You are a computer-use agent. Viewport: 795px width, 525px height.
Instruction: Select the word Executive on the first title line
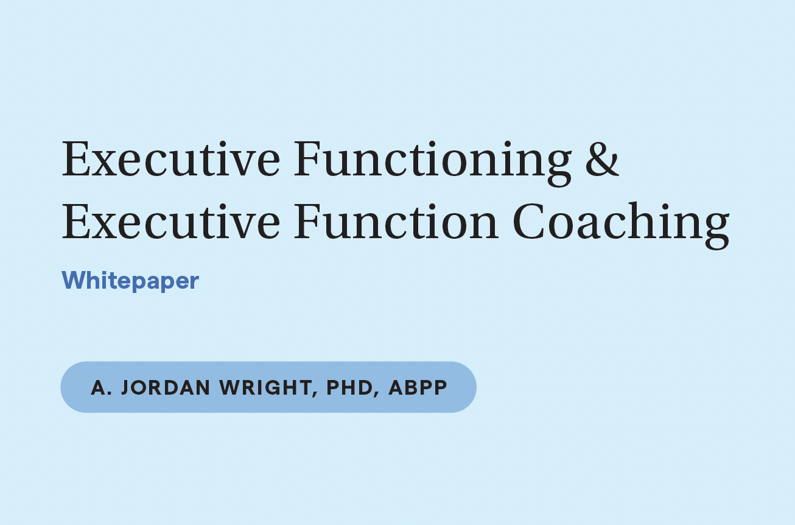pyautogui.click(x=171, y=160)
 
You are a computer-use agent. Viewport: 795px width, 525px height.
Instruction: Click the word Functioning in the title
pyautogui.click(x=432, y=160)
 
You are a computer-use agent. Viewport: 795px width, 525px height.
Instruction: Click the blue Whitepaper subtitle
pyautogui.click(x=130, y=281)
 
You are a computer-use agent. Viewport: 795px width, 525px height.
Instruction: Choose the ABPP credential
pyautogui.click(x=418, y=387)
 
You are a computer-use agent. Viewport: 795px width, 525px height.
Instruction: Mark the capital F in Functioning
pyautogui.click(x=307, y=160)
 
